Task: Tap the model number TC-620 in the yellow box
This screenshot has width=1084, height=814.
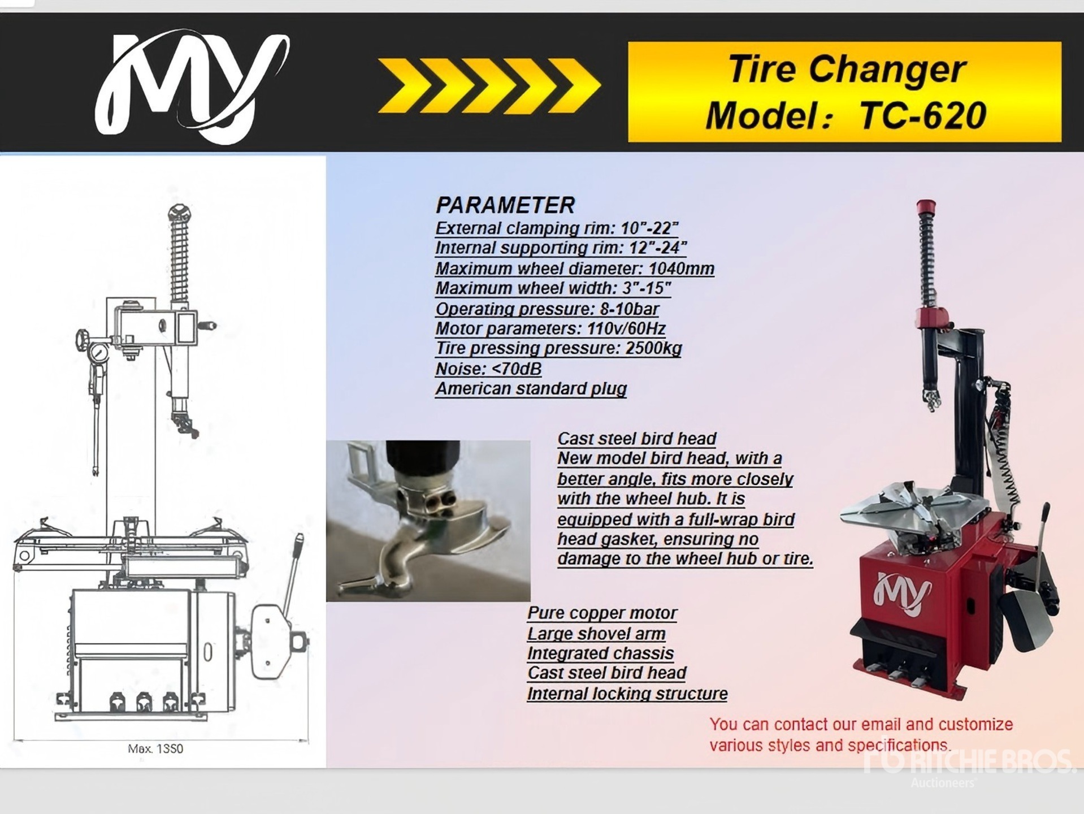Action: pyautogui.click(x=922, y=115)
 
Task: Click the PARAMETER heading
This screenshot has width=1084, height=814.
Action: pyautogui.click(x=505, y=205)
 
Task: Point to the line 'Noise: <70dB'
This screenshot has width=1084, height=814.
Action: pyautogui.click(x=488, y=369)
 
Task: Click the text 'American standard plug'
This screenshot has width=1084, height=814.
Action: pyautogui.click(x=531, y=389)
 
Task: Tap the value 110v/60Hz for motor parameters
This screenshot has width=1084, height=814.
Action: pyautogui.click(x=626, y=328)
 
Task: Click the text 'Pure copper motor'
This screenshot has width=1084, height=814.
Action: pyautogui.click(x=602, y=613)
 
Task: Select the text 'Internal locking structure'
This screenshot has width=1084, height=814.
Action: pyautogui.click(x=627, y=694)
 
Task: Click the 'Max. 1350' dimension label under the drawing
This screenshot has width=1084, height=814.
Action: pyautogui.click(x=155, y=748)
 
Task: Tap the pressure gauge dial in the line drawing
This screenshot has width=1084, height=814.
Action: pyautogui.click(x=99, y=354)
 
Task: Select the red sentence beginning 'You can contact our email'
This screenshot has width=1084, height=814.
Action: pyautogui.click(x=861, y=735)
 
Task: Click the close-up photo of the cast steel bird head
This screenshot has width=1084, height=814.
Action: pyautogui.click(x=428, y=521)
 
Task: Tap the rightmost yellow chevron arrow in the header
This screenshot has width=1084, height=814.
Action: pyautogui.click(x=575, y=86)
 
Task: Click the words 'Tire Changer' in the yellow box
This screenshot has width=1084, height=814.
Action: pyautogui.click(x=846, y=69)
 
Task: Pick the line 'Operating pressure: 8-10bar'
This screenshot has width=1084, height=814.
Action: pyautogui.click(x=547, y=309)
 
